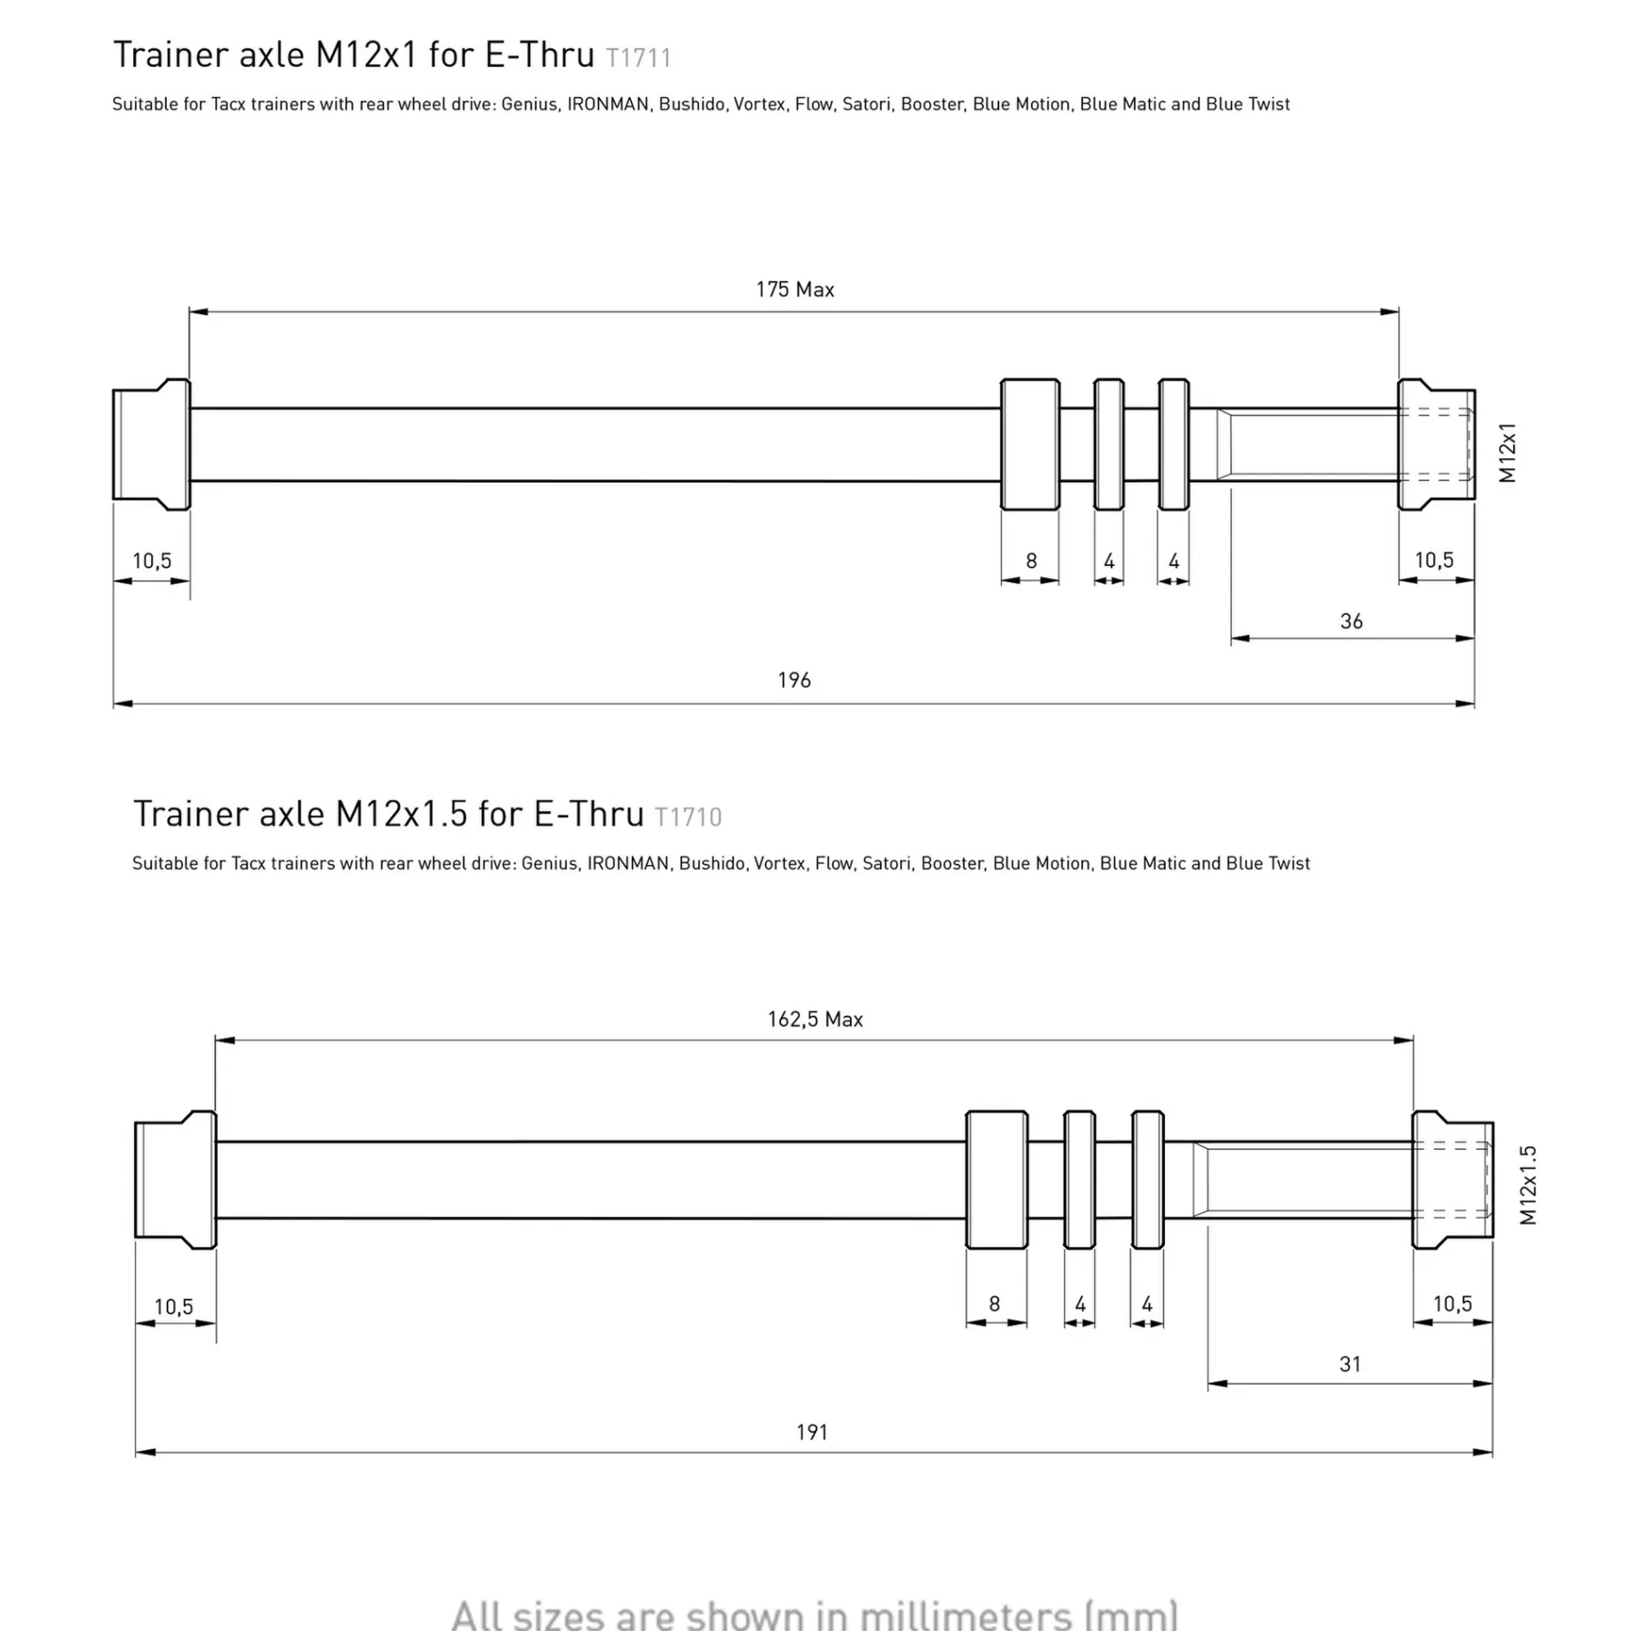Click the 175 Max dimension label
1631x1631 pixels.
point(794,289)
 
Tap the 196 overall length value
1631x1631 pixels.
point(793,680)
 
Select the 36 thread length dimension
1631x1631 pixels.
point(1351,621)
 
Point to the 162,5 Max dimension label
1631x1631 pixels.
point(815,1019)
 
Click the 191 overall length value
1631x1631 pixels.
point(812,1432)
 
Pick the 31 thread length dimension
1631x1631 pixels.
point(1349,1364)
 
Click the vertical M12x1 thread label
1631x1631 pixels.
point(1507,453)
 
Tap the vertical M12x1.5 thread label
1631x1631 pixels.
point(1529,1184)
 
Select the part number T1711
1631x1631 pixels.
point(638,58)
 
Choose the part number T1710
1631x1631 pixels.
point(688,817)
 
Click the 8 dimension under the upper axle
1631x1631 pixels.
point(1031,561)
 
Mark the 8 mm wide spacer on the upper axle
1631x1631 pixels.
point(1030,444)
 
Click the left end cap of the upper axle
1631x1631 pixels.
point(151,444)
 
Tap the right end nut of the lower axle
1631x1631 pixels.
point(1452,1179)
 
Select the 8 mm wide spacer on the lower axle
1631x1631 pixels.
point(996,1179)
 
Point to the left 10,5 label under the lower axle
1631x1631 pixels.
point(174,1307)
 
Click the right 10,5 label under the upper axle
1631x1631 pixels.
point(1434,560)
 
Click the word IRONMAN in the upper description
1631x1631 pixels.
point(607,104)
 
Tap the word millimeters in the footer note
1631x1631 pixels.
point(965,1614)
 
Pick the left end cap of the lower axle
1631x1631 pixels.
point(175,1179)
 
